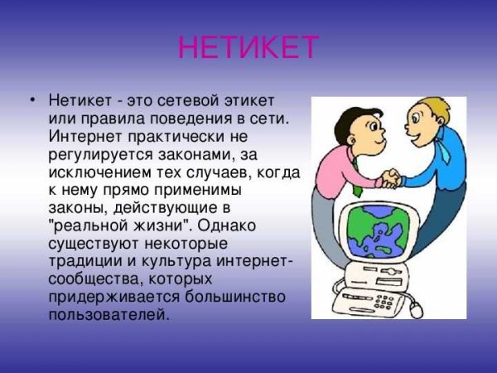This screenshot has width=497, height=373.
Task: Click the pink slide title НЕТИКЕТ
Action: tap(248, 48)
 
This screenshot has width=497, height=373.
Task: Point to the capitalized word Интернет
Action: tap(84, 137)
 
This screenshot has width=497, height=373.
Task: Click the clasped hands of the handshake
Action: tap(388, 178)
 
